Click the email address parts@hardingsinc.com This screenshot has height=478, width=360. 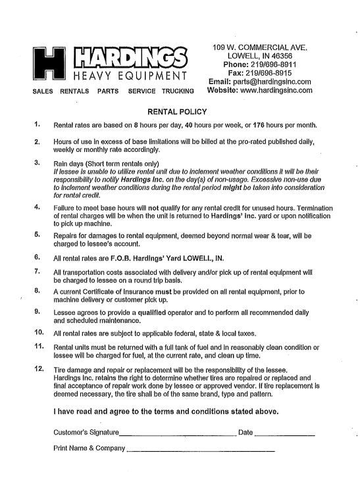click(272, 82)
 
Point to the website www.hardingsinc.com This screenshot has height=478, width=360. click(276, 91)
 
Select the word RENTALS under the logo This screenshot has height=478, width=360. click(74, 91)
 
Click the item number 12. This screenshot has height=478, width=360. click(38, 369)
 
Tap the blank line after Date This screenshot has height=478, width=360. click(284, 433)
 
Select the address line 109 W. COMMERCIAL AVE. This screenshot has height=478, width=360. click(261, 47)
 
